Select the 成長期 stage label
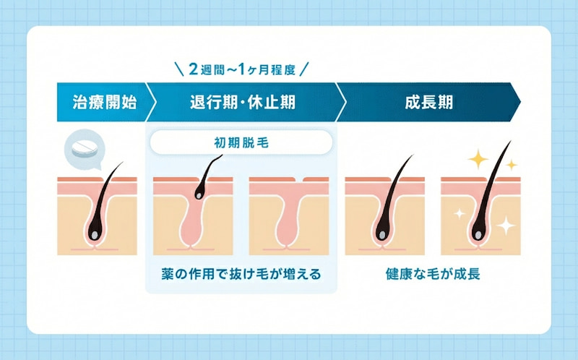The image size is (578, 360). (x=428, y=102)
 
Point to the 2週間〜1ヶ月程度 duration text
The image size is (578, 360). (x=242, y=70)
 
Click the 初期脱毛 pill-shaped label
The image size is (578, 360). (x=241, y=142)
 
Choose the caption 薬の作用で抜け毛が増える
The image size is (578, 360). (x=241, y=275)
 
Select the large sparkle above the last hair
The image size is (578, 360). (x=477, y=159)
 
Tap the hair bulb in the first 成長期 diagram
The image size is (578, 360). (x=381, y=233)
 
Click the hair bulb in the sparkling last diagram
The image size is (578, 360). (x=477, y=233)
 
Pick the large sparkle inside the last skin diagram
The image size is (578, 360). (x=506, y=226)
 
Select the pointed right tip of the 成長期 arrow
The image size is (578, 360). (x=519, y=102)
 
